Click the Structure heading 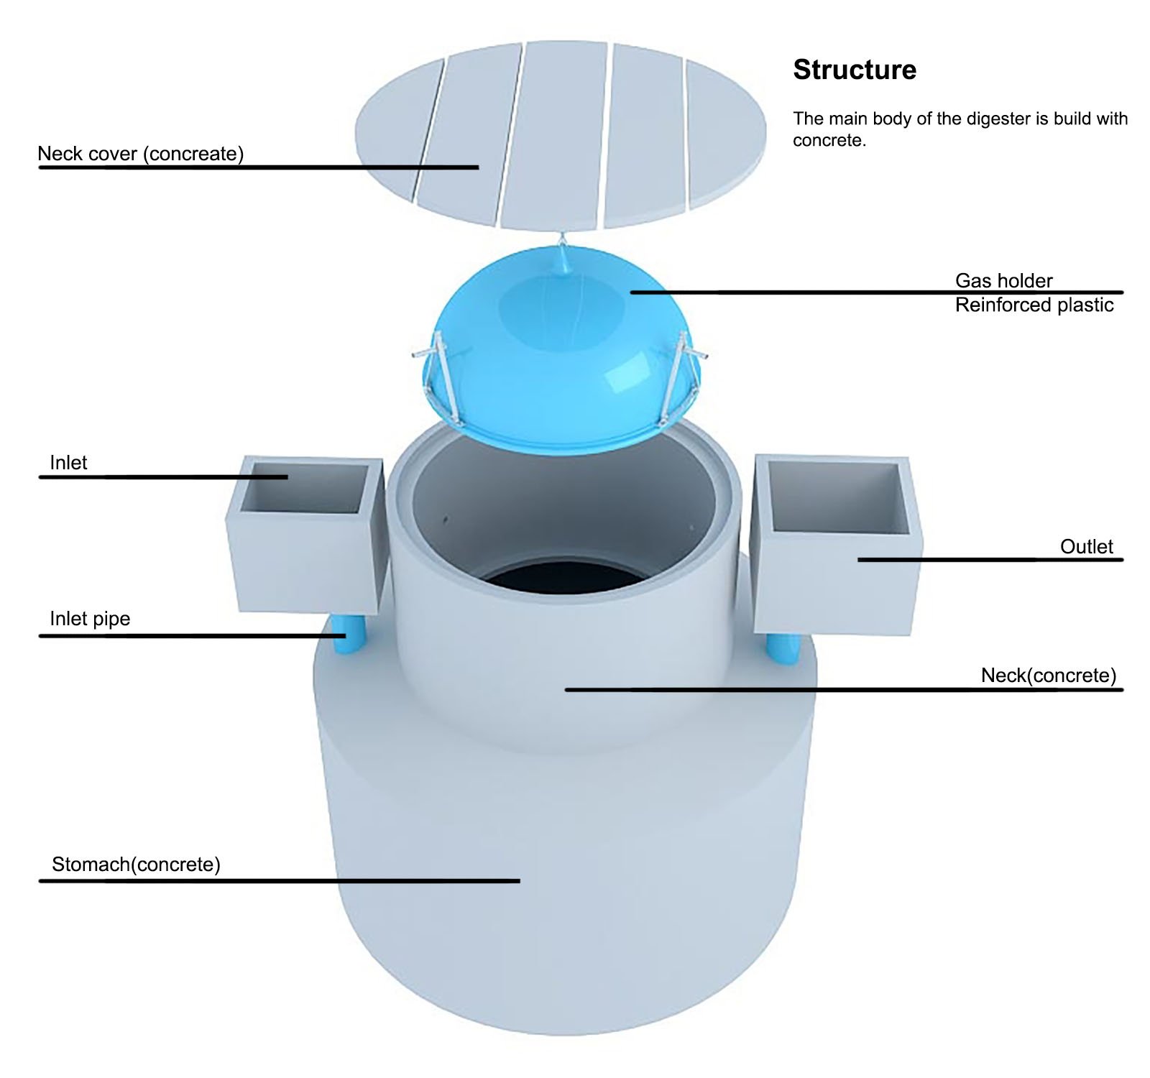tap(855, 70)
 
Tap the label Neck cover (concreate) tap(141, 154)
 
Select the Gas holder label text tap(1003, 280)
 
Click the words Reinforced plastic tap(1034, 305)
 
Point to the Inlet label tap(68, 463)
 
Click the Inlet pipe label tap(90, 619)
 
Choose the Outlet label tap(1087, 547)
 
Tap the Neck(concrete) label tap(1049, 676)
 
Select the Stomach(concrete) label tap(136, 864)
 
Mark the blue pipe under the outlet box tap(783, 649)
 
